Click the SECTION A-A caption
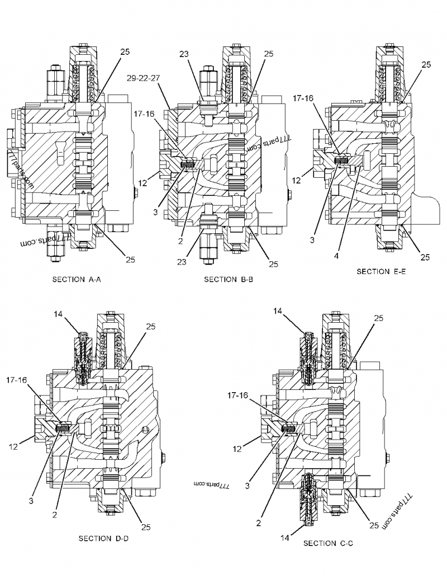coord(75,279)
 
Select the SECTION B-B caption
coord(229,279)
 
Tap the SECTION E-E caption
coord(382,271)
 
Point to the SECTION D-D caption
coord(104,539)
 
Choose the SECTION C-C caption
coord(328,543)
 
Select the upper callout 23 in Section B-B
coord(184,54)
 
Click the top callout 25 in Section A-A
coord(125,51)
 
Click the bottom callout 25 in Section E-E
coord(425,257)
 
